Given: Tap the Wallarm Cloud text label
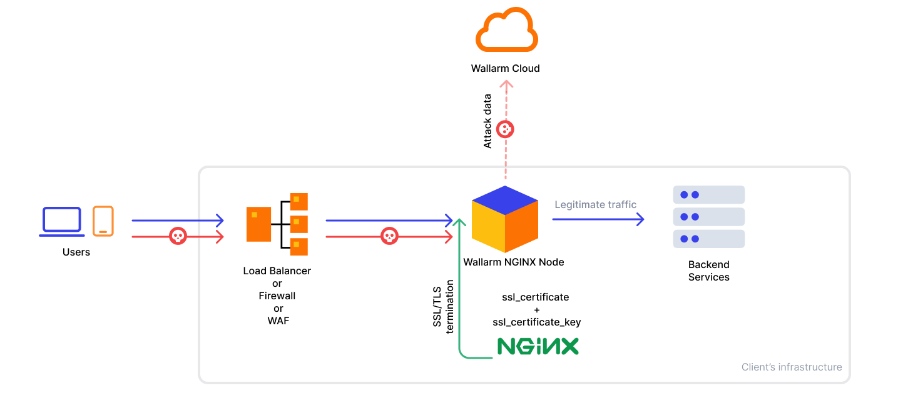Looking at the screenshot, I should pos(505,69).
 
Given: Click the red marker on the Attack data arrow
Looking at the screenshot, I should pos(505,130).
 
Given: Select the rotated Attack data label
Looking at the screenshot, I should pos(488,121).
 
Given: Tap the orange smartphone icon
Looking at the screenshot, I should pos(103,221).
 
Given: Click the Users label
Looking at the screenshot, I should pos(76,252).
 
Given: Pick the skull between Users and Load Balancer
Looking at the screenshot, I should pos(178,236).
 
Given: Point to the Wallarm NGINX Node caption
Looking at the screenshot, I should pos(513,262).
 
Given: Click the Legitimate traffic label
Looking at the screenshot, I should pos(595,205).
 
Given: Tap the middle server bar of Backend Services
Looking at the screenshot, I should pos(709,217).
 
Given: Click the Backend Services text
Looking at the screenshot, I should pos(709,271).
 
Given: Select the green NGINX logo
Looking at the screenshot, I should pos(538,347).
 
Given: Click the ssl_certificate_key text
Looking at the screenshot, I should pos(537,322).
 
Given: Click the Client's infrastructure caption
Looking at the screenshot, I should pos(792,367).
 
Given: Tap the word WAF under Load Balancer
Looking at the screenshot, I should pos(278,321).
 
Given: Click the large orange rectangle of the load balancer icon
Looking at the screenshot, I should pos(258,224).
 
